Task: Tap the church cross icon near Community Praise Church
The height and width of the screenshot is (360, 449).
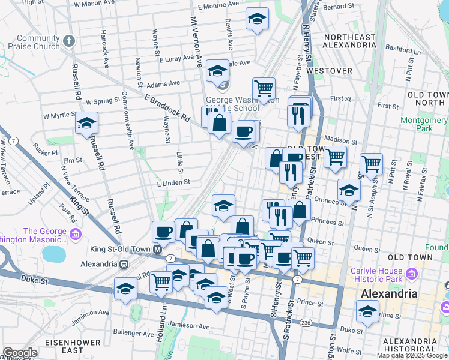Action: click(70, 41)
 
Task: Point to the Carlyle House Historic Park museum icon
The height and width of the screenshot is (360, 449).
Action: click(411, 274)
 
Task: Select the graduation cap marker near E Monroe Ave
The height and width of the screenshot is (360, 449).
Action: click(257, 19)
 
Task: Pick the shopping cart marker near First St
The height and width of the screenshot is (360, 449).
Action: click(264, 89)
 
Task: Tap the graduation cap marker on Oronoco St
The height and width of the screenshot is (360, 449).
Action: click(349, 191)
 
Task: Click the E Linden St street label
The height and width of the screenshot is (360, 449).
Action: click(173, 182)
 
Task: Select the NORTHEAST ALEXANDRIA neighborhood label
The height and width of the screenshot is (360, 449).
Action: click(349, 41)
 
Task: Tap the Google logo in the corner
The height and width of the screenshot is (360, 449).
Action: click(20, 353)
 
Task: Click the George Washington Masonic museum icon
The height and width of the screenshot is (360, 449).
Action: click(76, 233)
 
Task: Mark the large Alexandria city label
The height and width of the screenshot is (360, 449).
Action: click(388, 294)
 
